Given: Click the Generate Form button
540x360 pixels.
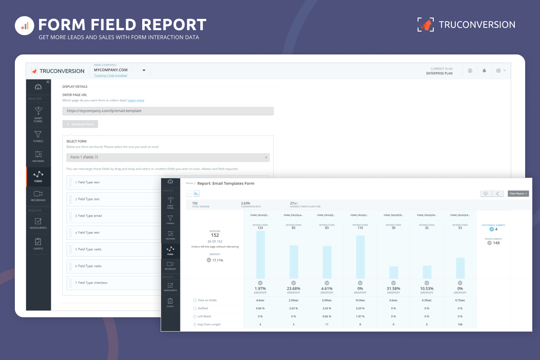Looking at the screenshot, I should [80, 124].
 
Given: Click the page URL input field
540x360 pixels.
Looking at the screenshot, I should [168, 111].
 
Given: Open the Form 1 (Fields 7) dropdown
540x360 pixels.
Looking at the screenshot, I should [168, 157].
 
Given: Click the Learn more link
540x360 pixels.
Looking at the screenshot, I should [136, 100].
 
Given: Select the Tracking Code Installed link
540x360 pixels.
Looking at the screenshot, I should [110, 76].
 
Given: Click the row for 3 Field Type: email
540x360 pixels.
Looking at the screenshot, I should [112, 216].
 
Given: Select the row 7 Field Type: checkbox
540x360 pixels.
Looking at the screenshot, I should [112, 283].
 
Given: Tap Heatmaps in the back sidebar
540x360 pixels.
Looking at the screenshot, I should [38, 156].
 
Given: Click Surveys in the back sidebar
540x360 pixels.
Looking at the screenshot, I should [38, 244].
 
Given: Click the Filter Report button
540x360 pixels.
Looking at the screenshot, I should [518, 193].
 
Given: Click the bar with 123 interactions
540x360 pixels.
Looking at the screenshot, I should [260, 255].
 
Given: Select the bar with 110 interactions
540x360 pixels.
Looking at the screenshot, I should [360, 257].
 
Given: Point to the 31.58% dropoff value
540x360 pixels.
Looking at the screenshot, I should [394, 288].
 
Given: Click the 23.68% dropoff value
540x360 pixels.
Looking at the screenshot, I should [293, 288].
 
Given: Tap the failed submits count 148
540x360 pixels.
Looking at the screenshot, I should [496, 243].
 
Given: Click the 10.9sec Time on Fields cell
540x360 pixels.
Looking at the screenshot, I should [360, 300].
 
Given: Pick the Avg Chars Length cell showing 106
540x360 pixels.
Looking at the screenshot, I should [460, 324].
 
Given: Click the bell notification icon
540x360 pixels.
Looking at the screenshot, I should [484, 71].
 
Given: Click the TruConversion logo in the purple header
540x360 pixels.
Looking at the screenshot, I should [466, 25].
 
